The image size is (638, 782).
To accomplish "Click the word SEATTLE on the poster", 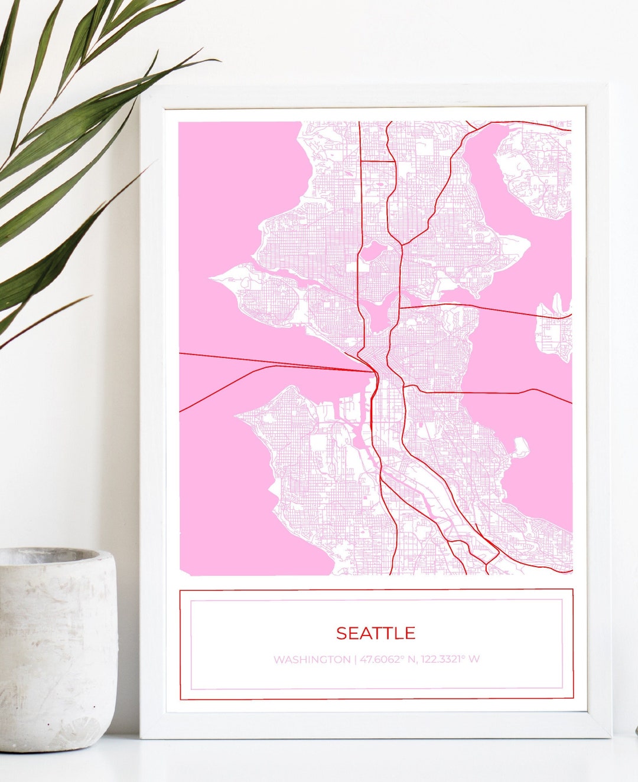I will (x=376, y=633).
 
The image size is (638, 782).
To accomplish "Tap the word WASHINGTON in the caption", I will (x=311, y=659).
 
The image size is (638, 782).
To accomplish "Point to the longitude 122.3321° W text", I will (x=450, y=659).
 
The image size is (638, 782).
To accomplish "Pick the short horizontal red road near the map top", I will (x=377, y=161).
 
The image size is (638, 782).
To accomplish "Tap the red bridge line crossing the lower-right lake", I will (x=490, y=392).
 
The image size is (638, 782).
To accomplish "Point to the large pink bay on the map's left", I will (x=236, y=195).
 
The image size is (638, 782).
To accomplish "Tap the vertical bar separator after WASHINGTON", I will (x=355, y=659).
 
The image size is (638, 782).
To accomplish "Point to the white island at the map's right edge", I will (x=555, y=331).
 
